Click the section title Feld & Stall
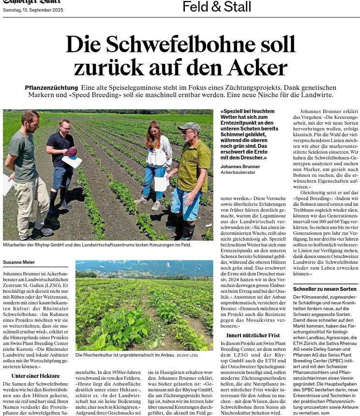pyautogui.click(x=216, y=7)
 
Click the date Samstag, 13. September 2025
pyautogui.click(x=33, y=10)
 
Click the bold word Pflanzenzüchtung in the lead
pyautogui.click(x=51, y=88)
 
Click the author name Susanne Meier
pyautogui.click(x=19, y=262)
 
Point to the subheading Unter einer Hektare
pyautogui.click(x=35, y=376)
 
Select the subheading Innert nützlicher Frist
pyautogui.click(x=253, y=335)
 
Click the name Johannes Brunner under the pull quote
pyautogui.click(x=240, y=167)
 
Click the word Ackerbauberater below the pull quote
pyautogui.click(x=238, y=172)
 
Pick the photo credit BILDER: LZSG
pyautogui.click(x=187, y=356)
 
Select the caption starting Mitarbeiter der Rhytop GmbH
pyautogui.click(x=97, y=245)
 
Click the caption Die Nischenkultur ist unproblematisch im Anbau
pyautogui.click(x=125, y=355)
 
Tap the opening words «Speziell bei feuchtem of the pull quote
pyautogui.click(x=247, y=111)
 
